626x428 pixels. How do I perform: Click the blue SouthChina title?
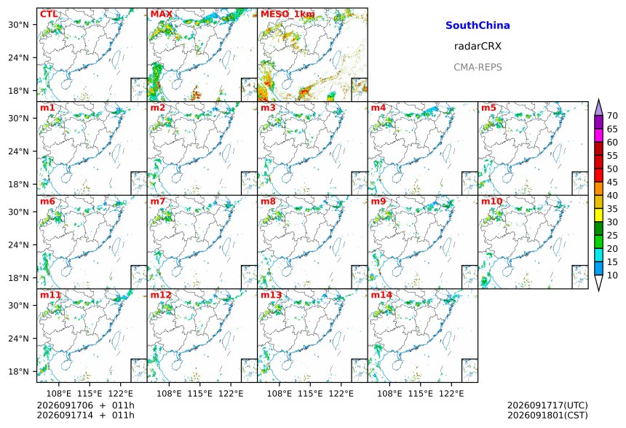pyautogui.click(x=478, y=25)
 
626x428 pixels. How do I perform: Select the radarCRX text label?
pyautogui.click(x=478, y=47)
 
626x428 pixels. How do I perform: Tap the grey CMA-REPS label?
pyautogui.click(x=478, y=67)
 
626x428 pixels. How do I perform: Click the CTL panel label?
pyautogui.click(x=49, y=15)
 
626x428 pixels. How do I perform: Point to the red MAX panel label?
pyautogui.click(x=162, y=15)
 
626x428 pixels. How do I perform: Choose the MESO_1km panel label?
pyautogui.click(x=288, y=15)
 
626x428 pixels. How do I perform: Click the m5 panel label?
pyautogui.click(x=488, y=108)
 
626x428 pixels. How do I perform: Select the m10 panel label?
pyautogui.click(x=491, y=201)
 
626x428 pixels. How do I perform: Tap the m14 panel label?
pyautogui.click(x=381, y=295)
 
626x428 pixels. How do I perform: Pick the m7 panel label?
pyautogui.click(x=158, y=201)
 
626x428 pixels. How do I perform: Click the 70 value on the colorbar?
pyautogui.click(x=612, y=116)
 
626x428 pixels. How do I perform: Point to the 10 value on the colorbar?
pyautogui.click(x=612, y=275)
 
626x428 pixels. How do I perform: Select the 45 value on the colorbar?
pyautogui.click(x=612, y=182)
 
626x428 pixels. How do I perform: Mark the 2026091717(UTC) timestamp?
pyautogui.click(x=547, y=405)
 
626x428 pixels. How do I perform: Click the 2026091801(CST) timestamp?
pyautogui.click(x=547, y=416)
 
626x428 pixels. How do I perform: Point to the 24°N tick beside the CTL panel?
pyautogui.click(x=19, y=58)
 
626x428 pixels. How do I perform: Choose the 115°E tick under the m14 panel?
pyautogui.click(x=421, y=394)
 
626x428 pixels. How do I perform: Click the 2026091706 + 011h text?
pyautogui.click(x=85, y=405)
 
